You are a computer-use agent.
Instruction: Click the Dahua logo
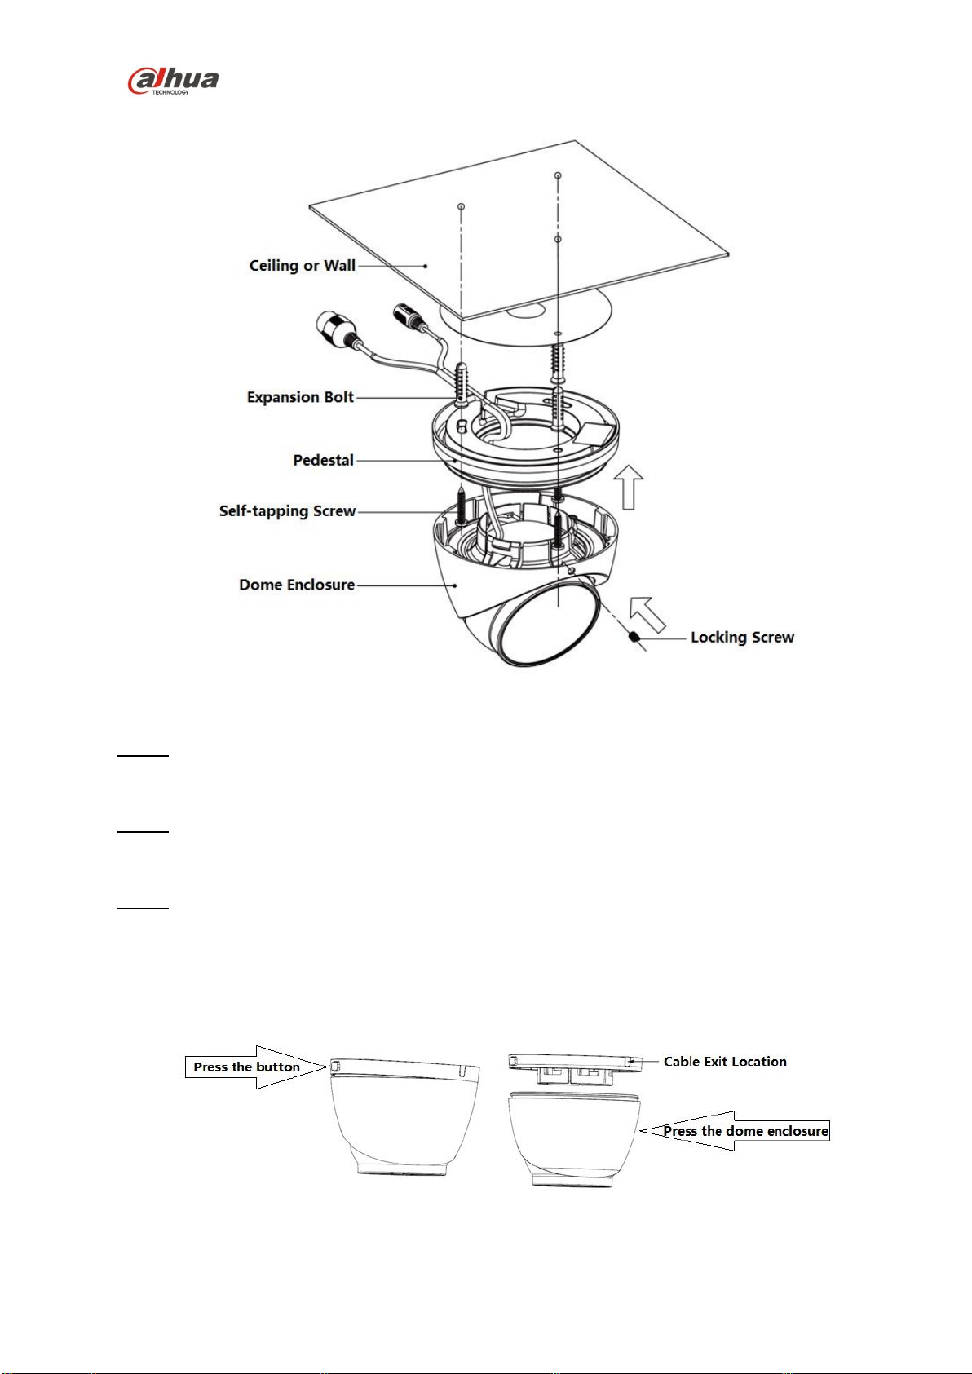pos(173,81)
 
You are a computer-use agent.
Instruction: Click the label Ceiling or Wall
pos(302,266)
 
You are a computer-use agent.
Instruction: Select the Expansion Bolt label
pos(300,397)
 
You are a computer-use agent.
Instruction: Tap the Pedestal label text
pos(323,460)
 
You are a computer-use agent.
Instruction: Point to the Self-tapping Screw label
pos(287,511)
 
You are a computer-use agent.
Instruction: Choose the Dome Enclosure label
pos(296,585)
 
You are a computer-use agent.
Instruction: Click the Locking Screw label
pos(742,638)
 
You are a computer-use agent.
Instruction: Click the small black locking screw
pos(633,638)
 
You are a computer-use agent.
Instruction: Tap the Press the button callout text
pos(246,1067)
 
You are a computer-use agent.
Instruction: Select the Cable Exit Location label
pos(725,1062)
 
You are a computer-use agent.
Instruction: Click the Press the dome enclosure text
pos(745,1131)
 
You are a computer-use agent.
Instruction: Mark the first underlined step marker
pos(142,756)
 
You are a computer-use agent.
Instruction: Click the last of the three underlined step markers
pos(142,908)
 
